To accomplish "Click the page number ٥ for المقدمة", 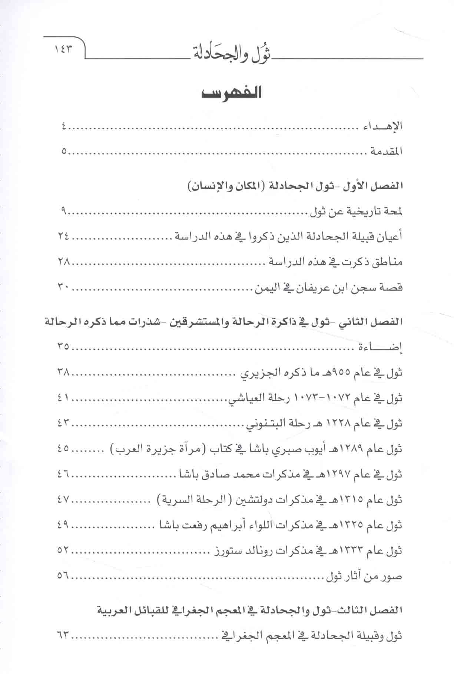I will tap(65, 151).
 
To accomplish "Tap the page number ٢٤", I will tap(63, 236).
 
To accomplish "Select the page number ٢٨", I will tap(63, 262).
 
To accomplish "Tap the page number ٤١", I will tap(63, 398).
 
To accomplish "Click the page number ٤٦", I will tap(63, 474).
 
